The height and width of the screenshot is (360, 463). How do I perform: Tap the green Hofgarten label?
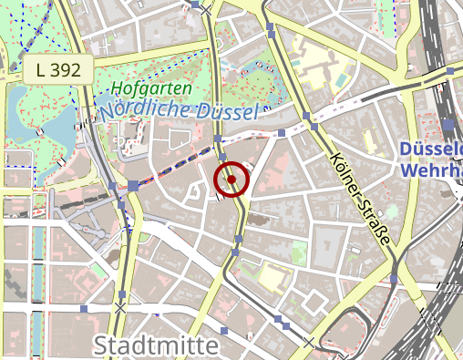point(152,88)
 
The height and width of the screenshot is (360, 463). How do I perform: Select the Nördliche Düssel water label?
point(179,109)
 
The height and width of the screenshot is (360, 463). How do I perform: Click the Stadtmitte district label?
point(156,346)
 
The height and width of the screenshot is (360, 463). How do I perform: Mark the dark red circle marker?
point(231,180)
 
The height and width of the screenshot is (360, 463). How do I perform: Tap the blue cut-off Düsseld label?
point(432,149)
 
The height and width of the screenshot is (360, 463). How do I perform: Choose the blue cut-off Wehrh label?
point(432,170)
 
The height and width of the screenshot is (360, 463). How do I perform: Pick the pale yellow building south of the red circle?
point(273,274)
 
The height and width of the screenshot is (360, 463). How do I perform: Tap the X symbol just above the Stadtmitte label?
point(119,308)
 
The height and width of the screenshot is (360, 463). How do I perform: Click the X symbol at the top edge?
point(207,9)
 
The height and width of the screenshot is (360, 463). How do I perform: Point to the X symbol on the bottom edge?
point(309,343)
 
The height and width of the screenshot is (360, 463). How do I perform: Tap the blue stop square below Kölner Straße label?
point(393,277)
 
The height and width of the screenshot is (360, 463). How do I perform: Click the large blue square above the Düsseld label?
point(448,125)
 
